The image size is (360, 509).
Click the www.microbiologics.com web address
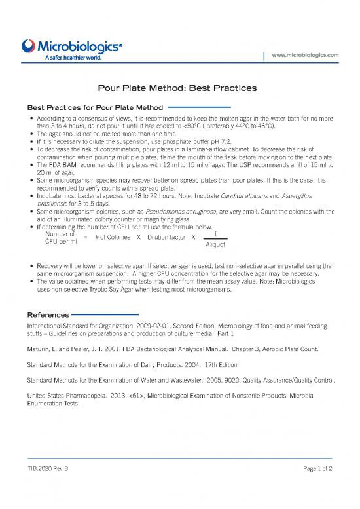tap(309, 55)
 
